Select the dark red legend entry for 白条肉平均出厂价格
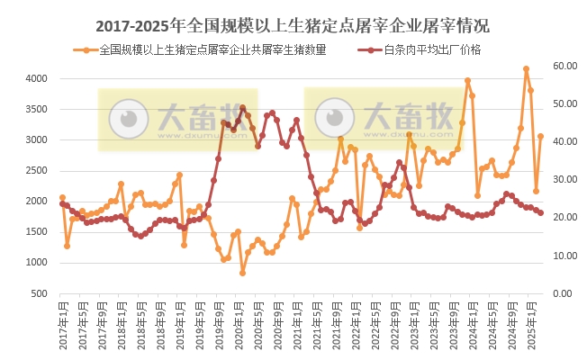coord(433,49)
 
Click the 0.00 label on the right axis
coord(562,293)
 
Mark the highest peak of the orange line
coord(526,69)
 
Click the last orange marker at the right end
coord(540,137)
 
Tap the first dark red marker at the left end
coord(62,203)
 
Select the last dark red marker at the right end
coord(540,213)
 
